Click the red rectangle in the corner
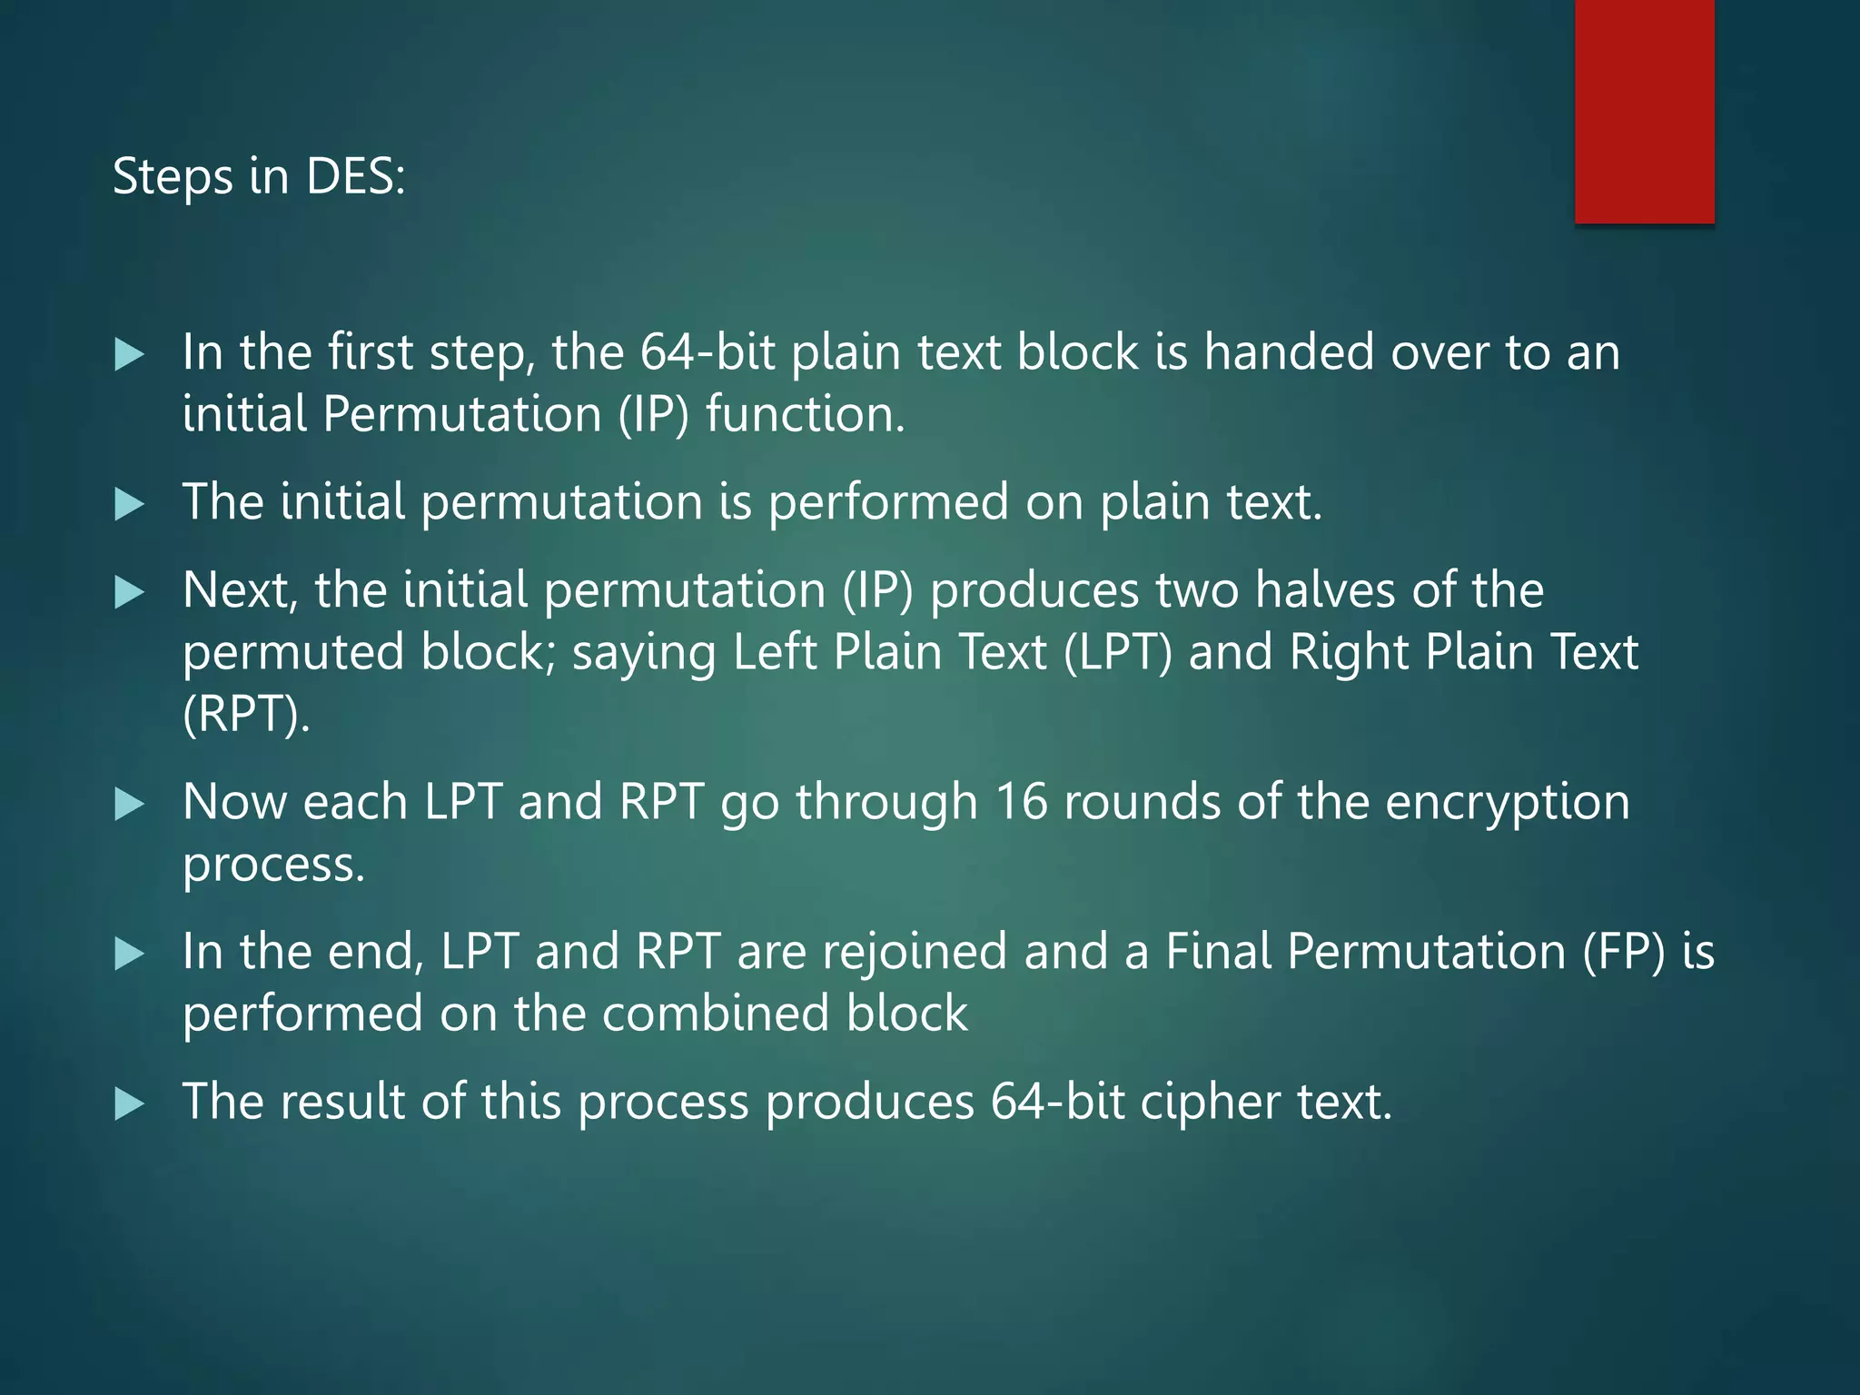point(1644,111)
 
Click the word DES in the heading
point(354,176)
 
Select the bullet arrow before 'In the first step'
point(130,354)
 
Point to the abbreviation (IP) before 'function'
point(653,415)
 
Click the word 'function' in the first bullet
point(805,415)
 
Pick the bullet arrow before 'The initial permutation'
point(130,504)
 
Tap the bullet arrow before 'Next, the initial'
point(130,593)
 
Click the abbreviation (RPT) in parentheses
point(245,714)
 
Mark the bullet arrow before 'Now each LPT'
point(130,805)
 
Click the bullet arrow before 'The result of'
point(130,1104)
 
